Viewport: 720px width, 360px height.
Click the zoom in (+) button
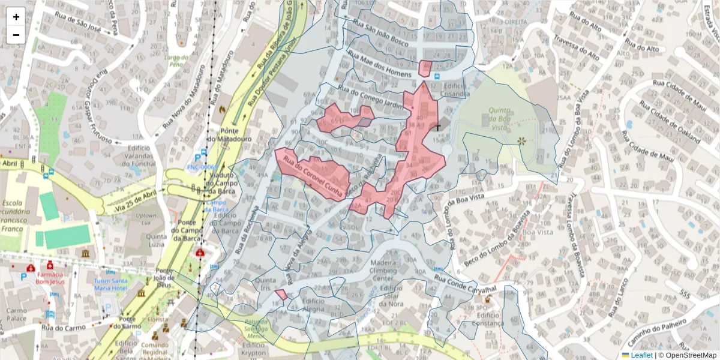[x=16, y=17]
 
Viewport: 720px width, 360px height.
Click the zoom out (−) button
[x=16, y=35]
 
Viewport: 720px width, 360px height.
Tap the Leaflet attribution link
[x=641, y=355]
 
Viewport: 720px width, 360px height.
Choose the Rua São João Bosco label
[x=380, y=33]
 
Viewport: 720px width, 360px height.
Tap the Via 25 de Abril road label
[x=130, y=200]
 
